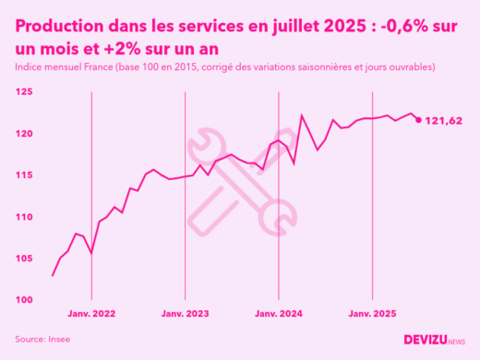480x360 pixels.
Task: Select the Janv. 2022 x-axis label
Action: pos(91,315)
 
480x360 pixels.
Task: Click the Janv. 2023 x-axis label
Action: pos(186,315)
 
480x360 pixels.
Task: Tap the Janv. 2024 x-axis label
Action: pos(279,315)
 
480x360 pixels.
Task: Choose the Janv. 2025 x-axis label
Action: pos(372,315)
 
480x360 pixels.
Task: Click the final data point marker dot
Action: pos(418,120)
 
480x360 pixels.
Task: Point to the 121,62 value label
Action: pos(443,121)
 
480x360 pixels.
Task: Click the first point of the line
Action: pos(53,275)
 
